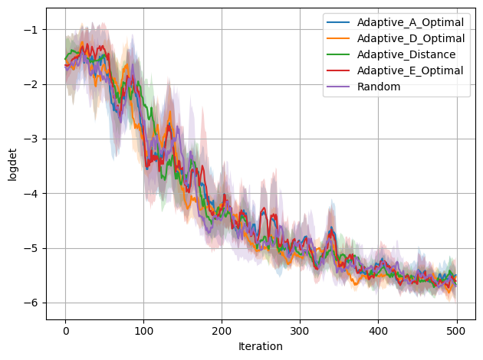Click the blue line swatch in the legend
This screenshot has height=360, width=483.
coord(337,21)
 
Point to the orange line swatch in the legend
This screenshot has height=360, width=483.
coord(337,38)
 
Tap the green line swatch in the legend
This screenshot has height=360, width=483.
coord(337,54)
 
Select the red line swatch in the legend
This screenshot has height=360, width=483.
coord(337,70)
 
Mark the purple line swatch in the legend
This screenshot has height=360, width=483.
coord(337,87)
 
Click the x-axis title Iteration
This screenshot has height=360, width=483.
coord(261,347)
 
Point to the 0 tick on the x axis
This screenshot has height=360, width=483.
coord(65,331)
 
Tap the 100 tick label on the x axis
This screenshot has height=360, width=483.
coord(143,331)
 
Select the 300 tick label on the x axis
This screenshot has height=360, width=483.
coord(300,331)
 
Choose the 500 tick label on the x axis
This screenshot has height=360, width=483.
coord(456,331)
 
